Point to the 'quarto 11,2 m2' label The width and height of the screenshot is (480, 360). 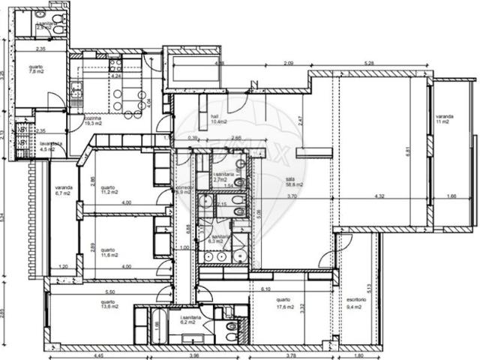tap(109, 190)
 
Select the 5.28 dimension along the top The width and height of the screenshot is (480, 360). tap(368, 63)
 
